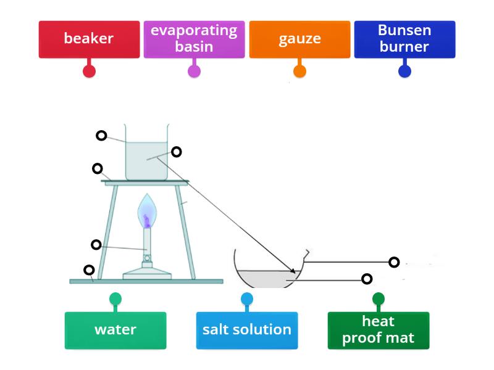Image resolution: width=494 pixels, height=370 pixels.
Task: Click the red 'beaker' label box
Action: tap(89, 39)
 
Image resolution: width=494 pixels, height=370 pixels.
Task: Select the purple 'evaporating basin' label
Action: tap(194, 39)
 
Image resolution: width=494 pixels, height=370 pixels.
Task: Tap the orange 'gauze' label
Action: tap(299, 39)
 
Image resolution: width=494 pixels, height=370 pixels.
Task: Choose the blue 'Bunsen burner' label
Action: tap(404, 39)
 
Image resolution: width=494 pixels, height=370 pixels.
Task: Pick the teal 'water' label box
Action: tap(115, 330)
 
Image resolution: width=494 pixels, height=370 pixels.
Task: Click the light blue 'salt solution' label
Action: tap(247, 330)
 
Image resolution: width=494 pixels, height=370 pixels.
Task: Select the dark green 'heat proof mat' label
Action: tap(379, 330)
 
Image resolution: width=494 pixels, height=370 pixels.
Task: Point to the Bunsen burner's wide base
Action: tap(147, 274)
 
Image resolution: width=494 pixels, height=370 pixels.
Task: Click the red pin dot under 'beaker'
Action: tap(89, 71)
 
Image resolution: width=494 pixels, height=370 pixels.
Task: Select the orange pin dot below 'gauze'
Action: tap(299, 71)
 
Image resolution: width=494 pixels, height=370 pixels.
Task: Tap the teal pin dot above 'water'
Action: tap(115, 300)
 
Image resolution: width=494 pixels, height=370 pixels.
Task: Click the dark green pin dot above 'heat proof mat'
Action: tap(379, 300)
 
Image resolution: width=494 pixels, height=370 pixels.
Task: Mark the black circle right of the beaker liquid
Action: tap(176, 151)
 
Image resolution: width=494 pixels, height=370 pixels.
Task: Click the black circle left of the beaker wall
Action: tap(101, 136)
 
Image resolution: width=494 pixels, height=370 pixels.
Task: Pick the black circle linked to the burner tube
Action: tap(96, 245)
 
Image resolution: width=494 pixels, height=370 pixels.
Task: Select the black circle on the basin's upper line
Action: tap(394, 262)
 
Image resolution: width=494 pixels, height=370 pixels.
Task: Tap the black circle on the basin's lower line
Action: tap(367, 279)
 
